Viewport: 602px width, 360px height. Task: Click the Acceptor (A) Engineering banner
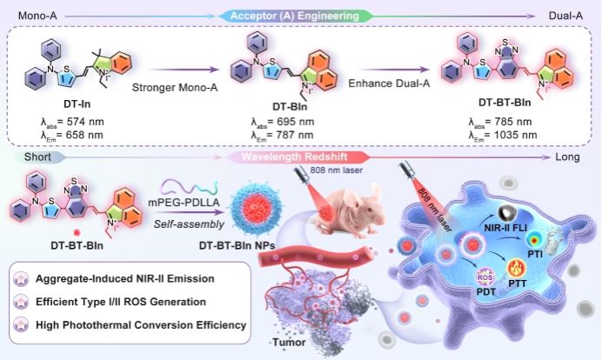301,14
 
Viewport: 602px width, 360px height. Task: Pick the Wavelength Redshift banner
301,157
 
